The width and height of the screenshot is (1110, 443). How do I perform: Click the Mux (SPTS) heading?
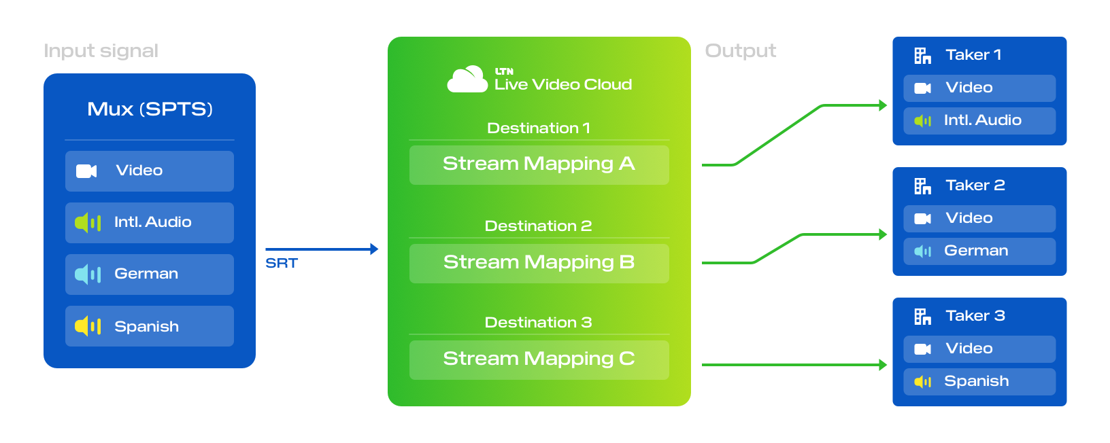[x=150, y=109]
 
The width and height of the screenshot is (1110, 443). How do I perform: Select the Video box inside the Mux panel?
[x=150, y=171]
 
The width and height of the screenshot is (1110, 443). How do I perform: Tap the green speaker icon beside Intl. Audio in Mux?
[x=88, y=222]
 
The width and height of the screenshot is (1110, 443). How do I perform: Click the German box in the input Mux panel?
[x=150, y=274]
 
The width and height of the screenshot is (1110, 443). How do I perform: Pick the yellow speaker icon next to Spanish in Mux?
[x=88, y=326]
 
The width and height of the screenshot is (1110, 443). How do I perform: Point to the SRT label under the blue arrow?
[x=282, y=263]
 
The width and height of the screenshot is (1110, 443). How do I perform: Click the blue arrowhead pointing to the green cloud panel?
[x=374, y=249]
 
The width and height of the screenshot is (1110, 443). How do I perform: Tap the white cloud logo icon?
[x=467, y=79]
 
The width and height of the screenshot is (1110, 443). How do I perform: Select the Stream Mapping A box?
[x=539, y=164]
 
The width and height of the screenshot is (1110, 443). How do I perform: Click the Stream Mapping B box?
[x=539, y=263]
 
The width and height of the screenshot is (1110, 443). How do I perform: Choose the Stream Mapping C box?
[x=539, y=359]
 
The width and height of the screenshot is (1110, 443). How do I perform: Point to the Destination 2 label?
[x=538, y=226]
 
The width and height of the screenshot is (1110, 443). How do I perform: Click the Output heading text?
[x=740, y=51]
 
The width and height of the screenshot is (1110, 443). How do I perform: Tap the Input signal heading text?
[x=101, y=51]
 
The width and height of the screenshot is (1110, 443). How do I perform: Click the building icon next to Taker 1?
[x=922, y=56]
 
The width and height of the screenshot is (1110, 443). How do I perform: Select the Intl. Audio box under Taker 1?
[x=979, y=120]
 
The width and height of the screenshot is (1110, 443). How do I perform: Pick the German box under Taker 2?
[x=979, y=251]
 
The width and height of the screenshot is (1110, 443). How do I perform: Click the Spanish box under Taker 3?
[x=979, y=381]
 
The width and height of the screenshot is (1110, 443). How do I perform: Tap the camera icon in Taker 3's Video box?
[x=922, y=349]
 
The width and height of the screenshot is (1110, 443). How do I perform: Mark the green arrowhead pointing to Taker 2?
[x=883, y=234]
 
